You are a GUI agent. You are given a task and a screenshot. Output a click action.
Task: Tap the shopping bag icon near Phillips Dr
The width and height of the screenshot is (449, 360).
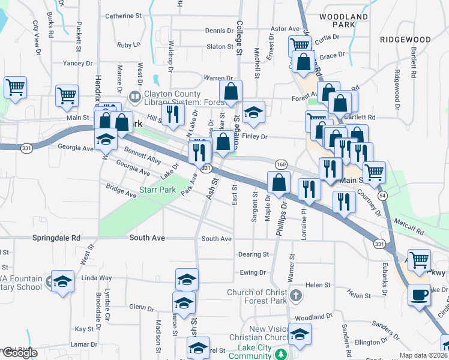279,182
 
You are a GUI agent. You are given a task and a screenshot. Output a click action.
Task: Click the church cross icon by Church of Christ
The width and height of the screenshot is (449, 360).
295,295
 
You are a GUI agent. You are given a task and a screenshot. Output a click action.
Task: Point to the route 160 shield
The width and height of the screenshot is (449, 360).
281,164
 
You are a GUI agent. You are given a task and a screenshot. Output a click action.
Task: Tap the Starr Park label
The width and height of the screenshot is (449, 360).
157,190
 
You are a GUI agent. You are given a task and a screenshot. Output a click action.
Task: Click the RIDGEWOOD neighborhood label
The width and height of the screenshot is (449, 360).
405,40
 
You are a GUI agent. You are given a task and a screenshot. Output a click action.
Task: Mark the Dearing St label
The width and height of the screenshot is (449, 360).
253,254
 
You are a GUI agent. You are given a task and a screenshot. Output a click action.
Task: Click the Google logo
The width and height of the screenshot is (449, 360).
20,353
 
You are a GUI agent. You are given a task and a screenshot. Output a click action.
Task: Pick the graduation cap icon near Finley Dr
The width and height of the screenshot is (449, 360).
254,112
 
